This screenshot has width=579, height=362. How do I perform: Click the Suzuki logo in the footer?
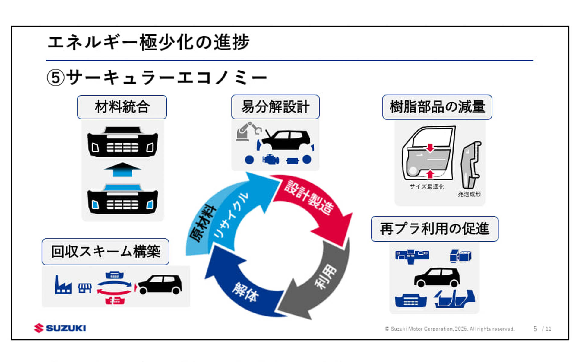(60, 328)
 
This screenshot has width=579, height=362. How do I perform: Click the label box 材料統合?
(122, 107)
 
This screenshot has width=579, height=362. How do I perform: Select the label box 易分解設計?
(275, 107)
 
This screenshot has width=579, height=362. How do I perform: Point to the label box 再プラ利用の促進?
(434, 229)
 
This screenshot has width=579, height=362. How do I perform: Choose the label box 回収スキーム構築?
(105, 252)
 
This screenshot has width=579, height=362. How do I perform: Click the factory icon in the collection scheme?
(63, 285)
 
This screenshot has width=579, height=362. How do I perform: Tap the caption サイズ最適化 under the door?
(426, 187)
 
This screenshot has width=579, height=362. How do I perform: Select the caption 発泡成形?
(469, 194)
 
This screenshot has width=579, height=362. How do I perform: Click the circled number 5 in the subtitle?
(55, 78)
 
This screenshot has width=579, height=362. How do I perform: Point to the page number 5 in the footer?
(535, 329)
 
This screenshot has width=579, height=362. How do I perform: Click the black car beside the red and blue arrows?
(160, 284)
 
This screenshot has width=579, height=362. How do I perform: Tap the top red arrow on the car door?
(430, 148)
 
